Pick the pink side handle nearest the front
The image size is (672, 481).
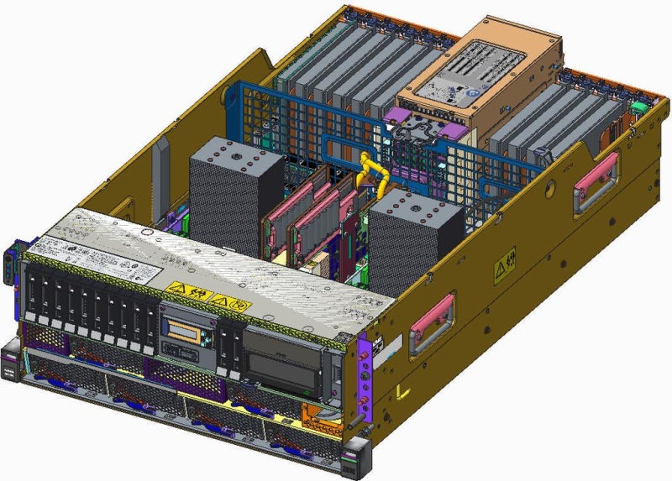432,320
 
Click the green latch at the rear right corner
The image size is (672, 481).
638,107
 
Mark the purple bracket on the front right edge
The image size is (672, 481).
363,369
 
